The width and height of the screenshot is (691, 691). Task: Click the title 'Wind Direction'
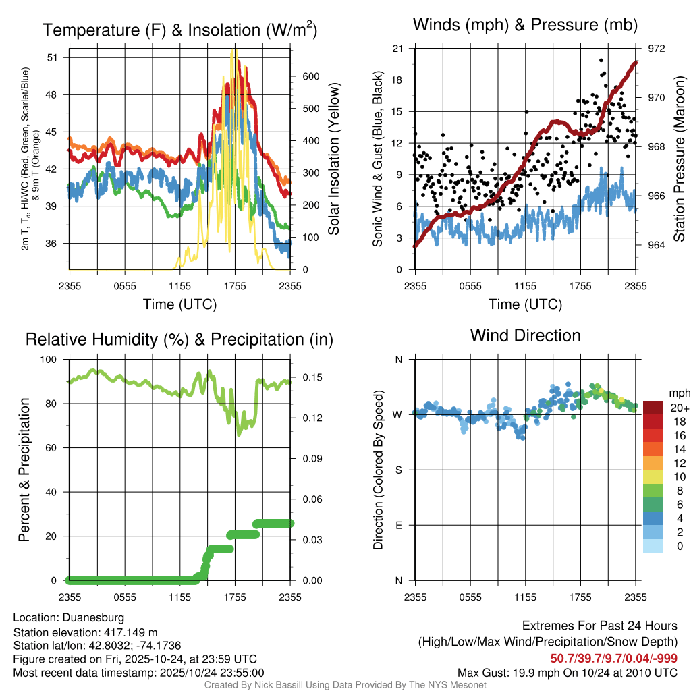(525, 335)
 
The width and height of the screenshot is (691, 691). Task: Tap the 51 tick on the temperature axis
(55, 57)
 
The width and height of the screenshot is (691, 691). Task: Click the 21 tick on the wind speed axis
(397, 49)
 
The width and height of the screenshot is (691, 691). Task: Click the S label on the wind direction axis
(398, 470)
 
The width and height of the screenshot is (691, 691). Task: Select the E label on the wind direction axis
(398, 525)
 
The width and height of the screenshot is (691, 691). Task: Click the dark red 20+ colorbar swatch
(653, 408)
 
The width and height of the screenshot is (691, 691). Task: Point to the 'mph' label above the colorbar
(678, 393)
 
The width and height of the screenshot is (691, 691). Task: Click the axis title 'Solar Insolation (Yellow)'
(333, 159)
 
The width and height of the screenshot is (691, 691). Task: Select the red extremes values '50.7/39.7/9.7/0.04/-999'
(613, 658)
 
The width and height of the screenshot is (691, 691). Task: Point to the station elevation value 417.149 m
(130, 632)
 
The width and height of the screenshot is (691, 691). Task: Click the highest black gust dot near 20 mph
(601, 60)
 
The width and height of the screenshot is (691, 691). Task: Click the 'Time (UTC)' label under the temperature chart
(179, 304)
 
